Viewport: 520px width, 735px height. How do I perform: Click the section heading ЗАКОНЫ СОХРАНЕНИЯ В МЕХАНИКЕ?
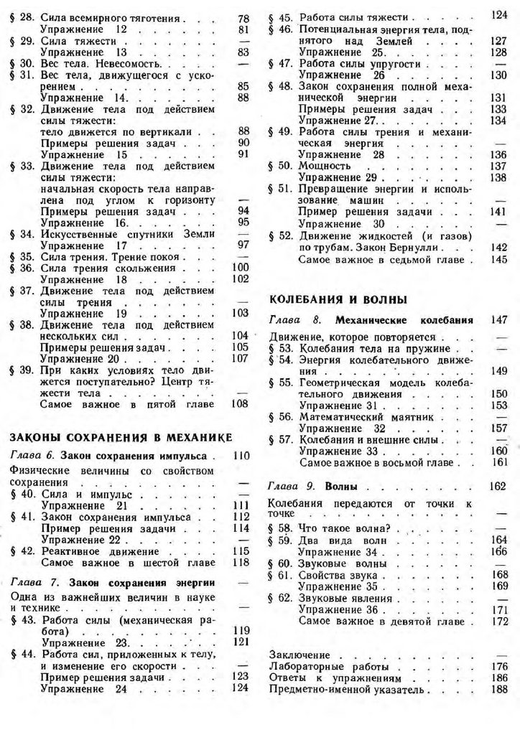(121, 437)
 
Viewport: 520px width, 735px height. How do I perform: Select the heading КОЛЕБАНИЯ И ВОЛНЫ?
(338, 299)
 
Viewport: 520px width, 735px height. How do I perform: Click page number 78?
(242, 17)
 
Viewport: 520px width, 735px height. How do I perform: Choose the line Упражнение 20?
(78, 357)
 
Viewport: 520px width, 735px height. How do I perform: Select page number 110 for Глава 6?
(241, 457)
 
